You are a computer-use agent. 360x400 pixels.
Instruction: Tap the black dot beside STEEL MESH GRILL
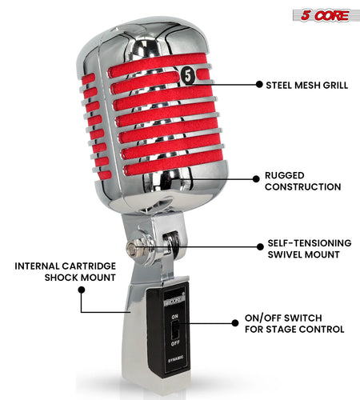[258, 84]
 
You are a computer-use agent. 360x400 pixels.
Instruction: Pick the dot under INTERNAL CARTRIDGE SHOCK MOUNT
[81, 289]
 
